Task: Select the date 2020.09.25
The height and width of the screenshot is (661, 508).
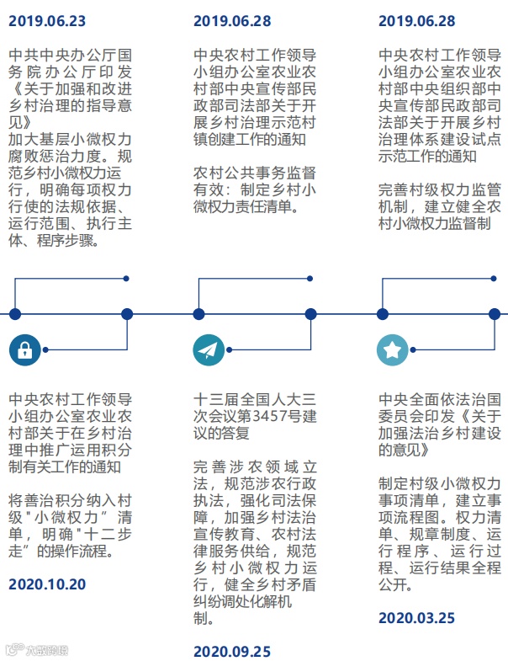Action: pos(231,651)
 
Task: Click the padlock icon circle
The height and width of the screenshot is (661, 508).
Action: pos(24,350)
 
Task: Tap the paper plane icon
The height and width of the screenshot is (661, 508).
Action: pos(209,350)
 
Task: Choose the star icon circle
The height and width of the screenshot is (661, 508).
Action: pos(392,350)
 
